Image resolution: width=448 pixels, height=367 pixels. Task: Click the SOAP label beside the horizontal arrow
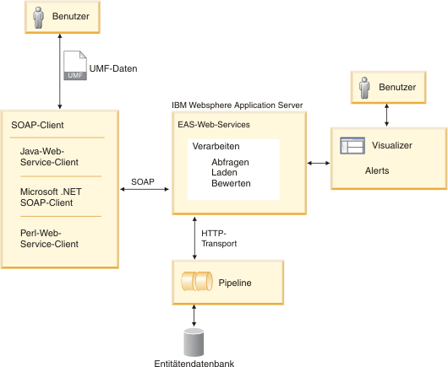(143, 181)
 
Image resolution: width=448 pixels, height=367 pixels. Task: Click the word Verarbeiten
(216, 147)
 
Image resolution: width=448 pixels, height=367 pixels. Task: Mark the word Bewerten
(231, 184)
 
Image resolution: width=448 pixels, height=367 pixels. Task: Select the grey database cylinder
(194, 342)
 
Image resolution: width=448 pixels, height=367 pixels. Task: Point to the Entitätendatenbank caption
(195, 363)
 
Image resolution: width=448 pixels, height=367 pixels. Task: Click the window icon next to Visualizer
(351, 145)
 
